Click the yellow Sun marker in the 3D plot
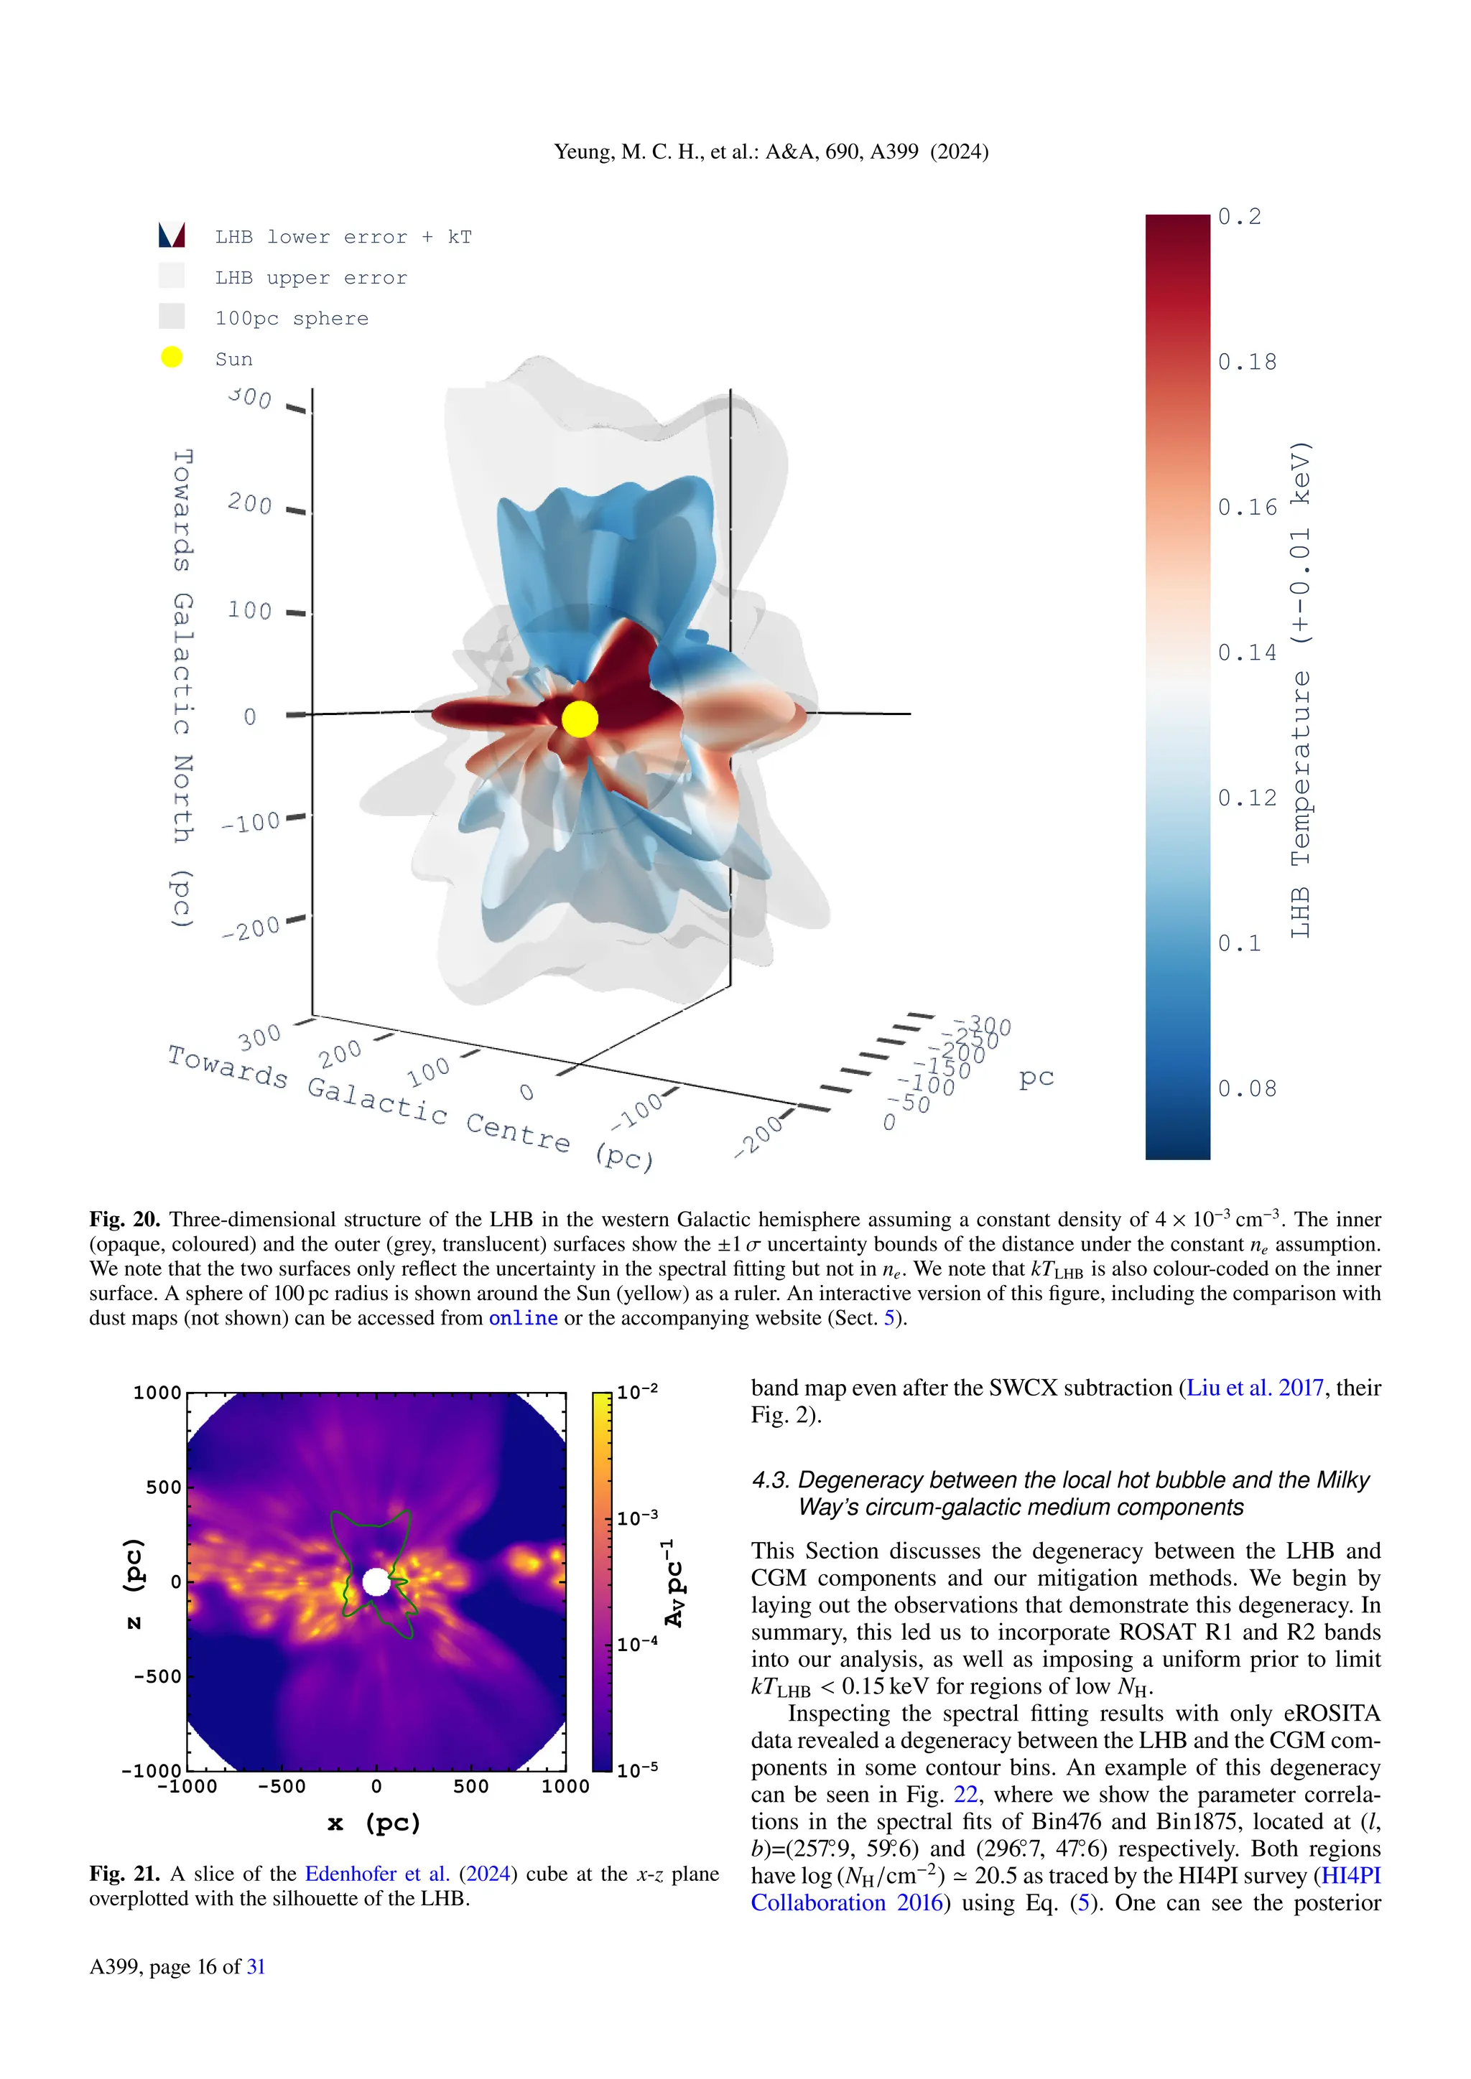580,719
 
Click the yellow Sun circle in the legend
171,358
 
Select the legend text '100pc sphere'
292,319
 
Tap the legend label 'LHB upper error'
311,278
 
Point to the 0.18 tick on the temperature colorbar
1246,363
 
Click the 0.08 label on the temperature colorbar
1246,1088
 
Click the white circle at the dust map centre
376,1582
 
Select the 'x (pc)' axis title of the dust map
374,1823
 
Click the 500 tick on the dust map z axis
163,1487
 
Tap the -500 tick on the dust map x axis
282,1787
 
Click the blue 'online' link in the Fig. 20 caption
523,1318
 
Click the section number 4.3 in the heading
770,1480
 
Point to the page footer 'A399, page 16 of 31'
177,1967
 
